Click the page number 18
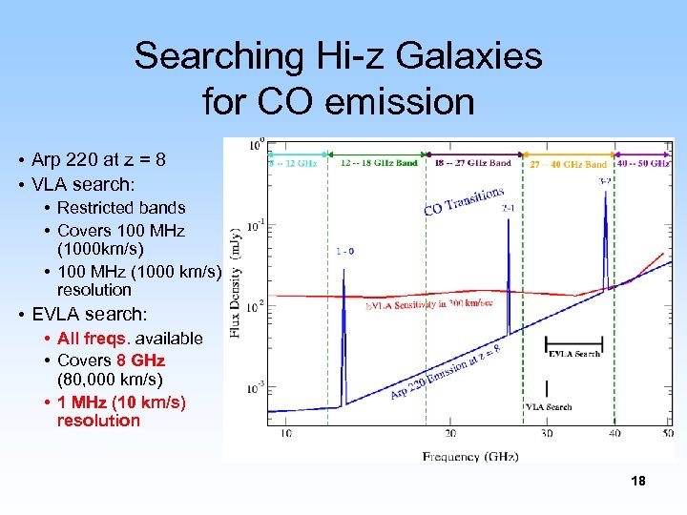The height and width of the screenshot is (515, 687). click(x=638, y=482)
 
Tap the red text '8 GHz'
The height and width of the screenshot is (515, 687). click(x=140, y=360)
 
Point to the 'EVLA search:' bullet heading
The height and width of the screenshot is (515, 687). click(x=91, y=314)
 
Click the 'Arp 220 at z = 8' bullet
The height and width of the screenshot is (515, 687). click(x=98, y=159)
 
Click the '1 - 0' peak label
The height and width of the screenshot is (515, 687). click(x=345, y=252)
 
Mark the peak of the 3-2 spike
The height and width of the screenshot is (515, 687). click(x=605, y=187)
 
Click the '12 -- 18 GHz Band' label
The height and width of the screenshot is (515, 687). click(x=379, y=163)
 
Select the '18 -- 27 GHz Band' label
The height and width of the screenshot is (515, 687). click(x=473, y=163)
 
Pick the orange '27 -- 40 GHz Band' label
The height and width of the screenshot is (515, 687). click(x=569, y=165)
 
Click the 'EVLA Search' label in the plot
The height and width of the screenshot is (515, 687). click(x=574, y=354)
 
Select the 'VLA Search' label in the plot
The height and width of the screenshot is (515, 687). click(x=549, y=406)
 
